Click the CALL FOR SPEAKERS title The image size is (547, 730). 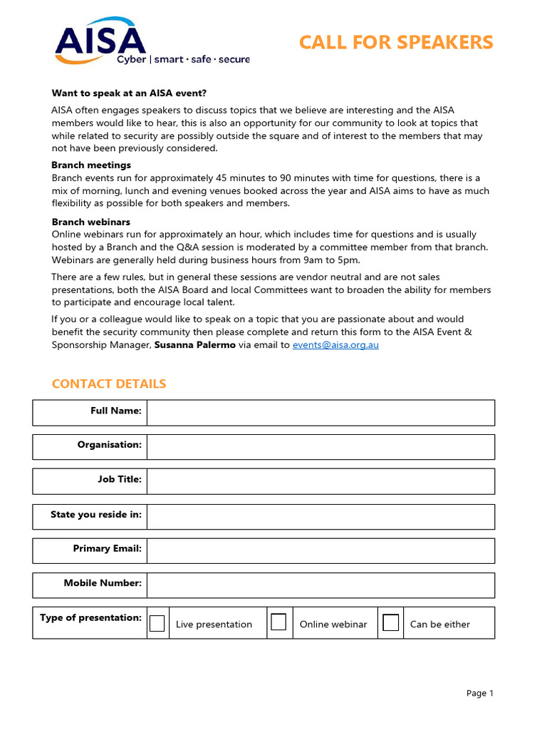click(396, 43)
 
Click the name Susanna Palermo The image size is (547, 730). click(195, 345)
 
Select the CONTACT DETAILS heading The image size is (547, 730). click(109, 384)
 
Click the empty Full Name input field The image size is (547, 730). click(321, 413)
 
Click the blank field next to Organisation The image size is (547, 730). click(321, 447)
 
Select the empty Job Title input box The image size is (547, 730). click(321, 481)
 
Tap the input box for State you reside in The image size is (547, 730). click(321, 516)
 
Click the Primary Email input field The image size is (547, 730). click(321, 550)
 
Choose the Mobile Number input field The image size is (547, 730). click(321, 585)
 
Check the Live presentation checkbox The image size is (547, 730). click(157, 623)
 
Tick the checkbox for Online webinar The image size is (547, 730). click(279, 622)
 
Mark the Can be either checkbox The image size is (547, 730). click(390, 622)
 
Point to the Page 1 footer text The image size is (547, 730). click(480, 693)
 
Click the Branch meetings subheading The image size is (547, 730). click(91, 165)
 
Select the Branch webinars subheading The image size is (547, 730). click(91, 222)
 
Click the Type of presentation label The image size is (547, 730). click(90, 618)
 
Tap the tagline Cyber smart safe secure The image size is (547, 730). click(184, 60)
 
